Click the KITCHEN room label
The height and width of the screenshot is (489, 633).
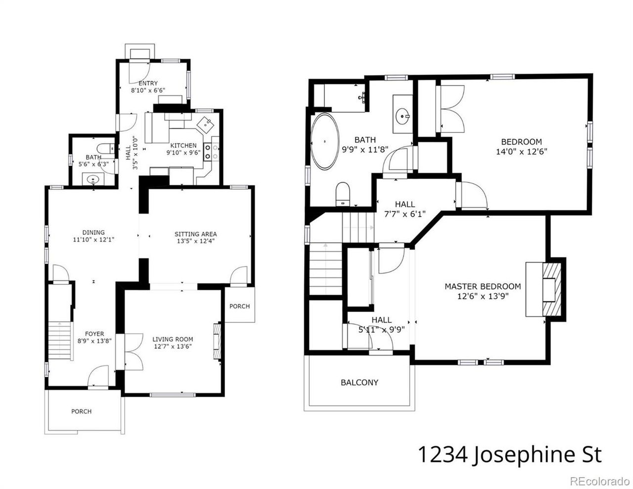183,145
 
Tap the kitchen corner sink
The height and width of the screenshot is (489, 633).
205,125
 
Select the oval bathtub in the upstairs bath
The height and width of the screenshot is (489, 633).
325,141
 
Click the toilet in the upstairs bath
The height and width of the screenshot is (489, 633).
343,194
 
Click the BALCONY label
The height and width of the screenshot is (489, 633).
360,382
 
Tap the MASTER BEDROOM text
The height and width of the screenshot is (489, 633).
483,286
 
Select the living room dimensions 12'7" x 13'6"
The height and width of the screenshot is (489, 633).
173,347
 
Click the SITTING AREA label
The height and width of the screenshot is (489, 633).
195,234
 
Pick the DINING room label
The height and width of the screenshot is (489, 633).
93,232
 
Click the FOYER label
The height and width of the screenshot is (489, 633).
94,334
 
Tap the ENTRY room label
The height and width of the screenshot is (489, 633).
148,83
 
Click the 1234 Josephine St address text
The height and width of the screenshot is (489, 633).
510,454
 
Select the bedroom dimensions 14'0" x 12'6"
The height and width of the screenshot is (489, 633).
521,151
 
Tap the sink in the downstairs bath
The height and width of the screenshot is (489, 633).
93,178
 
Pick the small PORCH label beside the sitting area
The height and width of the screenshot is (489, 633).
239,306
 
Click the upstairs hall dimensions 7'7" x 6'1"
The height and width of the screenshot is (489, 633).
405,214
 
